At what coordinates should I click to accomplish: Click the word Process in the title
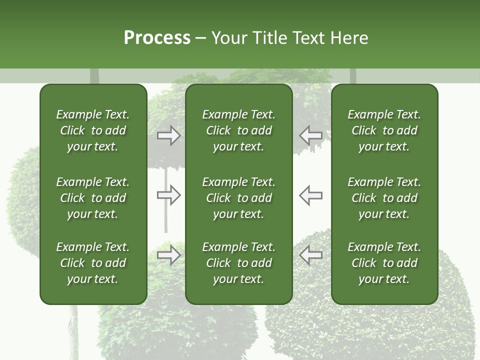pos(157,38)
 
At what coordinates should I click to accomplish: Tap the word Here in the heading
pos(349,38)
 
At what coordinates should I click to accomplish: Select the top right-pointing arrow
pos(168,135)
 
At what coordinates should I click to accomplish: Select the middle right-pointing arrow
pos(168,195)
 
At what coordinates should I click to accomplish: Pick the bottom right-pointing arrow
pos(168,255)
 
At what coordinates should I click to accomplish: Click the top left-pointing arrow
pos(311,135)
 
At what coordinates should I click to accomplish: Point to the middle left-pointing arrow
pos(311,195)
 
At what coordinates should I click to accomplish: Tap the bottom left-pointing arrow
pos(311,255)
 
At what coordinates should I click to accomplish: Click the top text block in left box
pos(93,130)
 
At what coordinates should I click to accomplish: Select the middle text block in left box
pos(93,198)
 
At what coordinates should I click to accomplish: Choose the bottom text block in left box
pos(93,263)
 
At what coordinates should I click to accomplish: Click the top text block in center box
pos(238,130)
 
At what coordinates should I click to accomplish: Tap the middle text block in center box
pos(238,198)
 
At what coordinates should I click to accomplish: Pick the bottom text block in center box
pos(238,263)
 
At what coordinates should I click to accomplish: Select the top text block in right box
pos(384,130)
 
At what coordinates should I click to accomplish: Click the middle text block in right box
pos(384,198)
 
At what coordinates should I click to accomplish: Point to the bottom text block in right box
pos(384,263)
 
